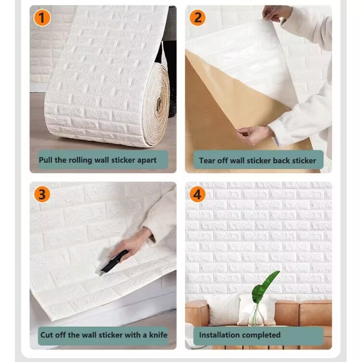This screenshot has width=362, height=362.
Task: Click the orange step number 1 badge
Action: tap(42, 18)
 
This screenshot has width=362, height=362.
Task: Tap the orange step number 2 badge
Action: tap(198, 18)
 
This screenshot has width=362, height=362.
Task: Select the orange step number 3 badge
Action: tap(42, 194)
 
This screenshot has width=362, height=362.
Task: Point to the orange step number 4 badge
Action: tap(198, 194)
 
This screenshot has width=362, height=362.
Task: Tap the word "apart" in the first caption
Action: tap(147, 160)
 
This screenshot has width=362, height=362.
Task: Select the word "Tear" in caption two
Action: tap(207, 161)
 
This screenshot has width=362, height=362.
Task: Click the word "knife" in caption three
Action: tap(158, 335)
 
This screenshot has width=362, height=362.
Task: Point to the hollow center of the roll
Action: tap(159, 104)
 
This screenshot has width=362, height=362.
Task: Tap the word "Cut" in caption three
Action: tap(46, 335)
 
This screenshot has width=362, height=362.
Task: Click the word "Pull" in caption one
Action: tap(46, 160)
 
